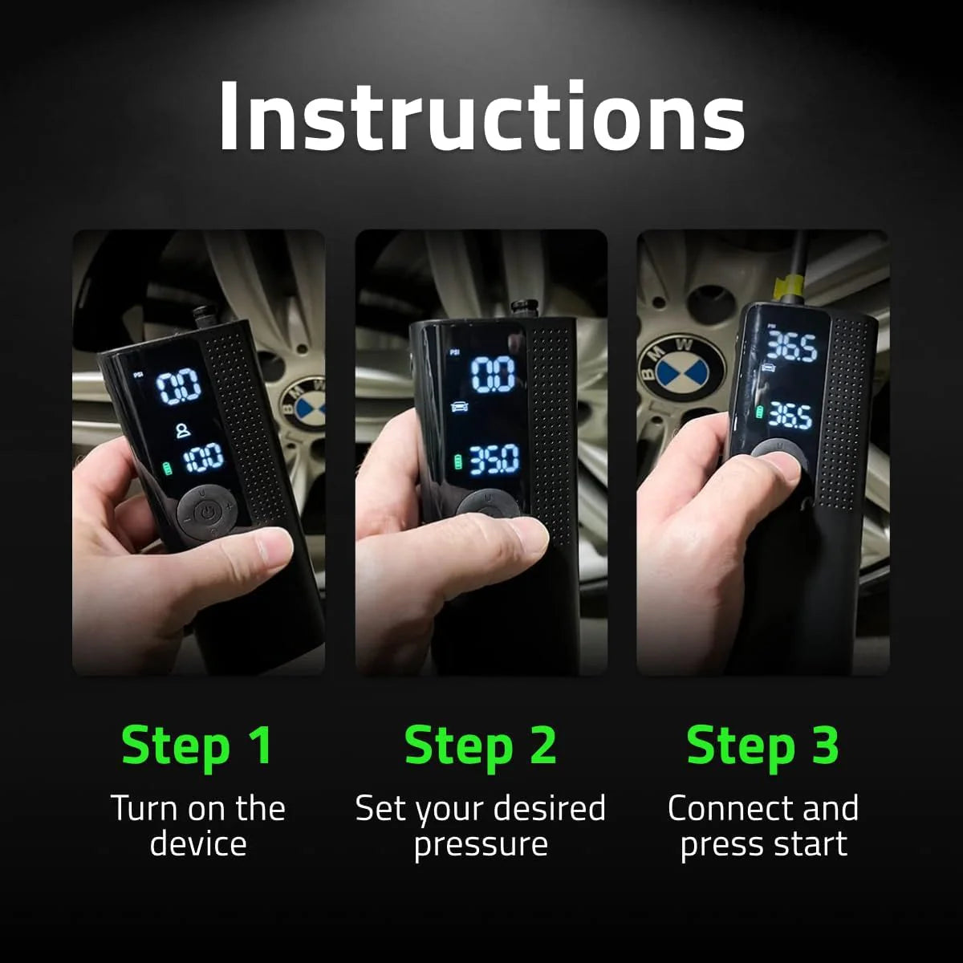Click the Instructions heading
tap(481, 116)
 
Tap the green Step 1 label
tap(197, 746)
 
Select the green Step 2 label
tap(480, 746)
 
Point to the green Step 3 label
tap(762, 746)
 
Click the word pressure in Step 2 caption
tap(480, 845)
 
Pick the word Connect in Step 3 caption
tap(723, 809)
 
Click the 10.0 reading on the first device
tap(204, 459)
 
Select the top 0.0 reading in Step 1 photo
tap(178, 388)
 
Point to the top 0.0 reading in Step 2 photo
tap(492, 374)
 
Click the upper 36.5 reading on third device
tap(791, 347)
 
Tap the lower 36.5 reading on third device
tap(790, 415)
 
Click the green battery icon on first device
tap(168, 467)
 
